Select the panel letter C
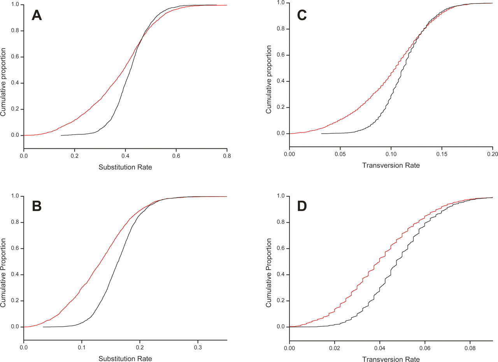pos(302,16)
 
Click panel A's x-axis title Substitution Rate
pos(125,168)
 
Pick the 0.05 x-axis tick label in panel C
pos(340,154)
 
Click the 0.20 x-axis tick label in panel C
pos(492,154)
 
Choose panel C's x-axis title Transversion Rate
pos(391,165)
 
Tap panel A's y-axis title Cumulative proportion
pos(4,82)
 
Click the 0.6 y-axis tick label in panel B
pos(14,249)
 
